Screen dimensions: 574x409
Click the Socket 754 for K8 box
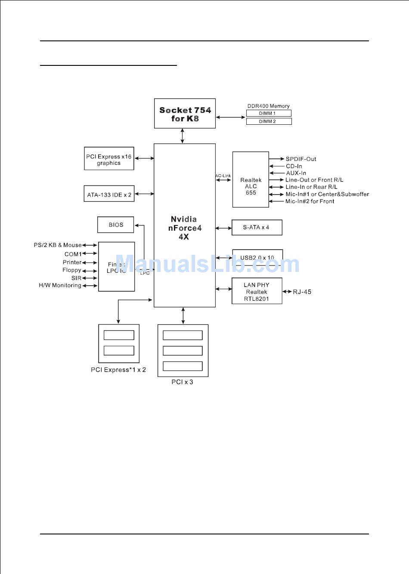click(x=185, y=114)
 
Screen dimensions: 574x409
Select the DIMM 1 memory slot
click(x=269, y=113)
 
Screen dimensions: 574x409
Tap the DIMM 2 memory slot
click(x=269, y=121)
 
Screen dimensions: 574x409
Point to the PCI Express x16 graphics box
click(x=109, y=159)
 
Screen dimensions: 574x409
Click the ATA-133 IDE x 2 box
click(x=109, y=194)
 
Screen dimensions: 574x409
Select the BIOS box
click(x=115, y=225)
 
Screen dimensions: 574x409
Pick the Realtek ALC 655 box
click(x=251, y=179)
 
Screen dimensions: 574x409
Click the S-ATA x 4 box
click(x=257, y=227)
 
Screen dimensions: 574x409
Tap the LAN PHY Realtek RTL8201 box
click(x=257, y=291)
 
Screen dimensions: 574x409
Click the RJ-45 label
click(x=302, y=292)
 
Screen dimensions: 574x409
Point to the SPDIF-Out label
click(x=301, y=159)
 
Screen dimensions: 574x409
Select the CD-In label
click(x=294, y=166)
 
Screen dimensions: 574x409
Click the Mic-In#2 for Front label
click(x=310, y=201)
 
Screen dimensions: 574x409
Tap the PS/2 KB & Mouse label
click(x=58, y=245)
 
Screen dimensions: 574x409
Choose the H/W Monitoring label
click(x=60, y=285)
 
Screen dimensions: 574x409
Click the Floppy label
click(x=72, y=270)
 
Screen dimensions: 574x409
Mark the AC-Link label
click(x=223, y=176)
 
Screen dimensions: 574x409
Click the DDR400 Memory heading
click(x=268, y=106)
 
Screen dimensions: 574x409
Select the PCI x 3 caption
click(x=182, y=382)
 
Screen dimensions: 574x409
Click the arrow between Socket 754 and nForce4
click(x=183, y=136)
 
